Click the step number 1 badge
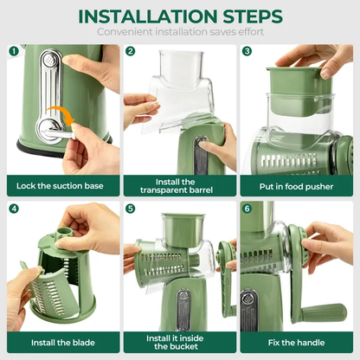pyautogui.click(x=14, y=52)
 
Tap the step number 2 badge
pyautogui.click(x=131, y=52)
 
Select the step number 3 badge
pyautogui.click(x=247, y=52)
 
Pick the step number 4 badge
pyautogui.click(x=14, y=209)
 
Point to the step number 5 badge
pyautogui.click(x=131, y=209)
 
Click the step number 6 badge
pyautogui.click(x=247, y=209)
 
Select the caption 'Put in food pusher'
pyautogui.click(x=296, y=184)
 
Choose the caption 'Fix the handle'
pyautogui.click(x=296, y=341)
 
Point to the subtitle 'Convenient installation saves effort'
pyautogui.click(x=179, y=32)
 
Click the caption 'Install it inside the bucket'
pyautogui.click(x=179, y=341)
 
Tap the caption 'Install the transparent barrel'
pyautogui.click(x=179, y=184)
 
